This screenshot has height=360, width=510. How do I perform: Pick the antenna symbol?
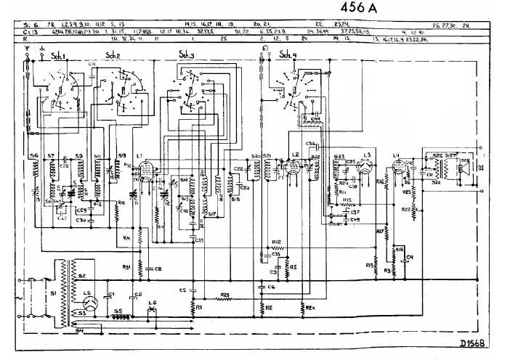28,53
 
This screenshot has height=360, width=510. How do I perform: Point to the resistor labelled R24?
309,308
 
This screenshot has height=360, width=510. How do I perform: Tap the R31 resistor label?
126,266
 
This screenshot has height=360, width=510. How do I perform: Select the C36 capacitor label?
311,144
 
